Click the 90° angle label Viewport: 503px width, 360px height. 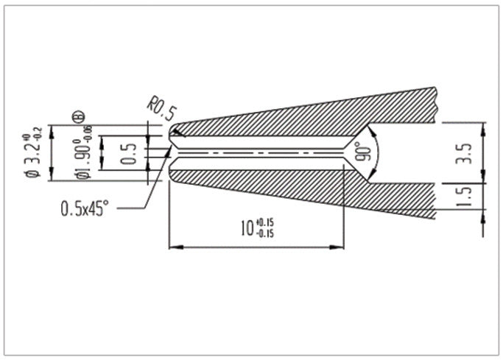point(362,152)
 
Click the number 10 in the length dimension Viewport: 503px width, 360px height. point(247,227)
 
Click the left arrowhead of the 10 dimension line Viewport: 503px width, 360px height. point(174,247)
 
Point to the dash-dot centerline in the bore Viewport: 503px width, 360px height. point(258,152)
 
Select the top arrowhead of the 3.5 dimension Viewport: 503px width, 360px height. point(482,127)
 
